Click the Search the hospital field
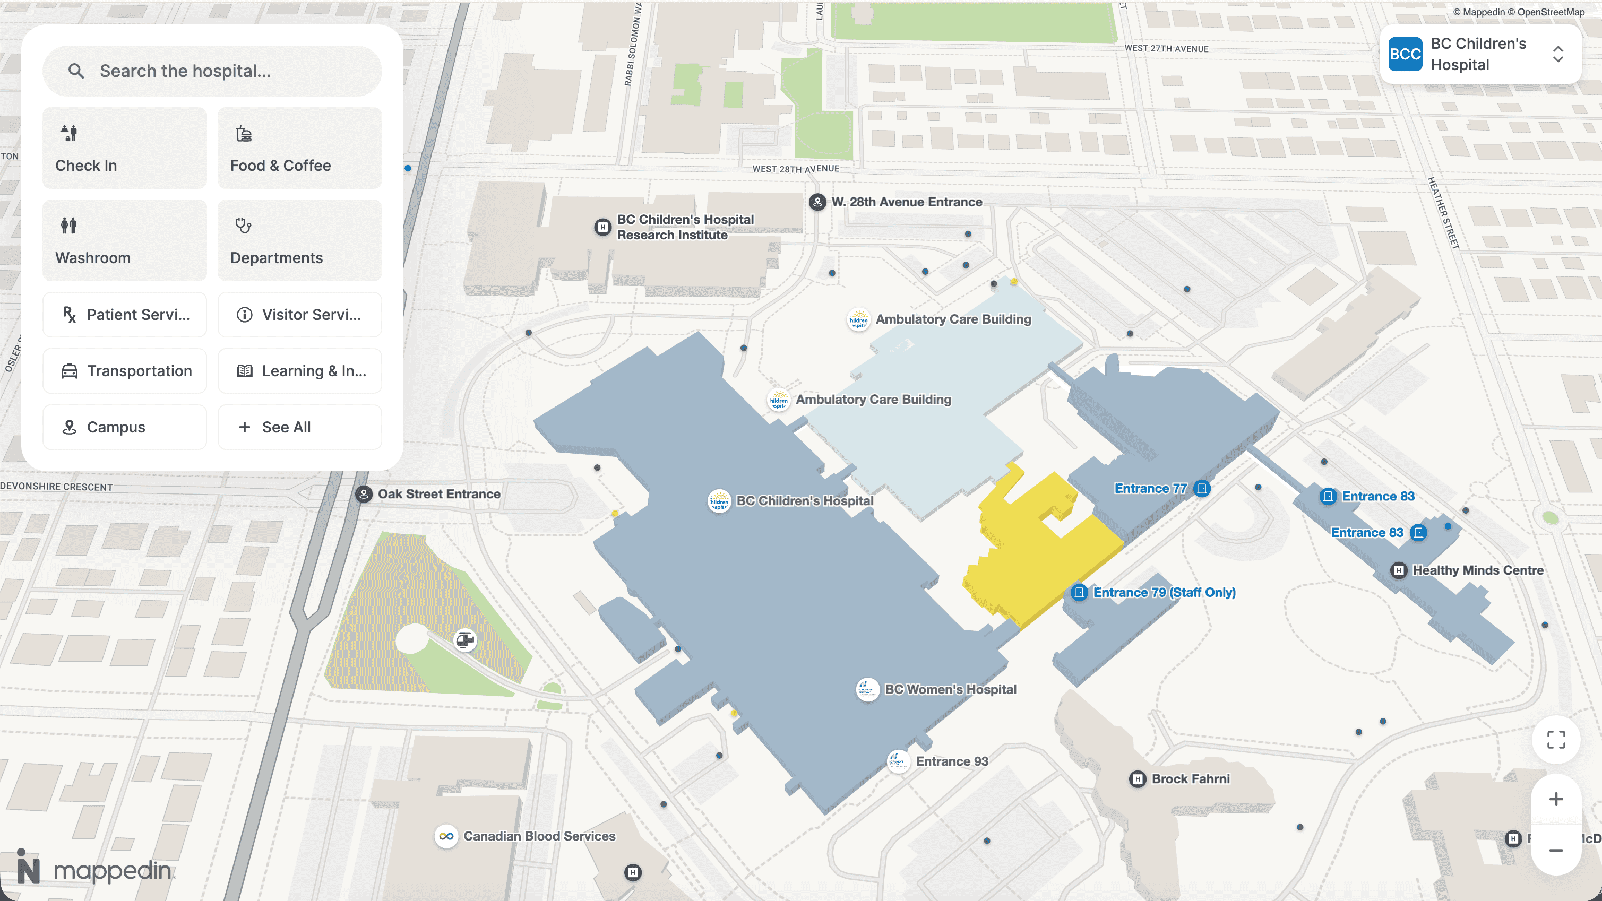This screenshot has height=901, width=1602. [x=211, y=71]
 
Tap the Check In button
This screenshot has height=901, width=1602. [x=124, y=148]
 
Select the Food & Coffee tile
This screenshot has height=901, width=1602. [x=299, y=148]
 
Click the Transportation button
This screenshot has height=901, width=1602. [x=124, y=371]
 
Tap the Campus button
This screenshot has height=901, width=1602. [x=124, y=427]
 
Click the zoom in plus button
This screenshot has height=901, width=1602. [x=1555, y=800]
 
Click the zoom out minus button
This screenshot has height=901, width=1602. [x=1555, y=851]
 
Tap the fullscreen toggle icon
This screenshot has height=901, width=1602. [x=1555, y=740]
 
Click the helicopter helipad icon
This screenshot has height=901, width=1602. [x=465, y=640]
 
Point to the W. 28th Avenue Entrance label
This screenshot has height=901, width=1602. [x=906, y=202]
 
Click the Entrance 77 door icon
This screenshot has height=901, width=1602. [x=1202, y=489]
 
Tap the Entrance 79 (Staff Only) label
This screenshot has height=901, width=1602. [x=1164, y=593]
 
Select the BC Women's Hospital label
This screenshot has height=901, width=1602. [x=950, y=690]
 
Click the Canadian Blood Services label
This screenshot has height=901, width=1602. [x=539, y=836]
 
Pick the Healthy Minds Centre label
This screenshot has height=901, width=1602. [x=1477, y=571]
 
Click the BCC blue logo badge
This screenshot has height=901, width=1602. [x=1405, y=55]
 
